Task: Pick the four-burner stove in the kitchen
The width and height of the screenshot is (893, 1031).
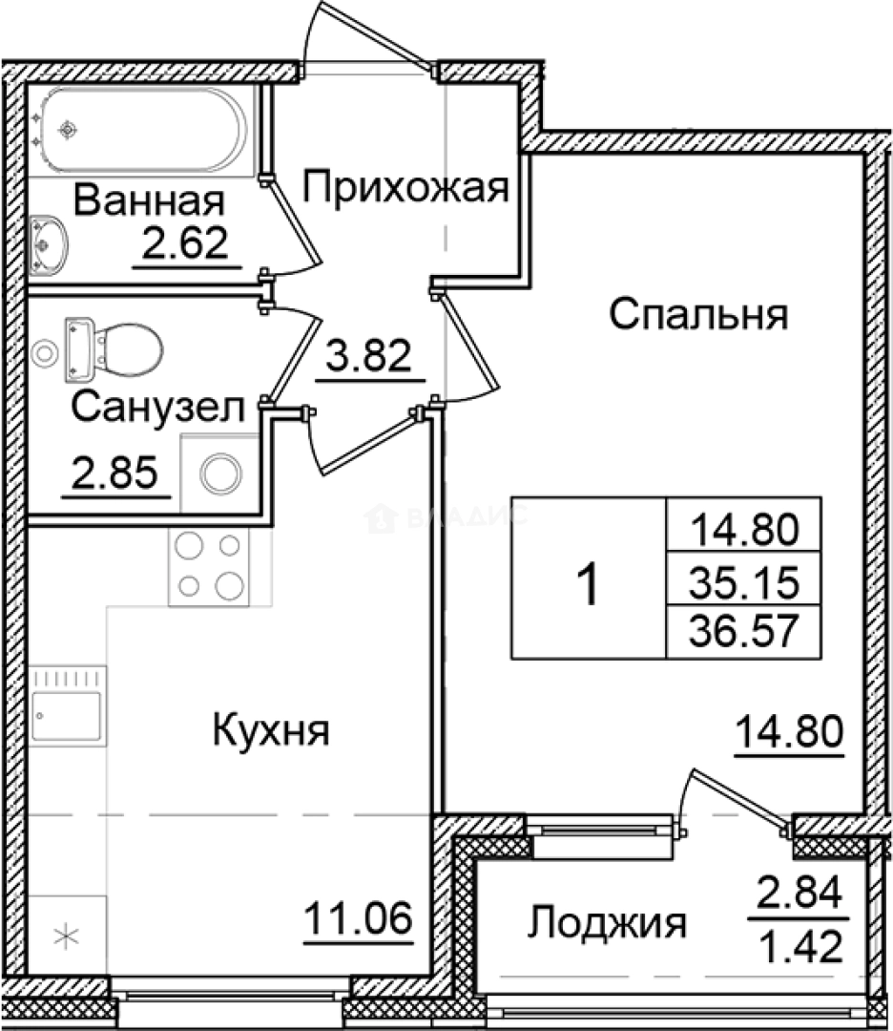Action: pyautogui.click(x=209, y=565)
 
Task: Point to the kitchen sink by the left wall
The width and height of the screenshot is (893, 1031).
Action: pyautogui.click(x=66, y=707)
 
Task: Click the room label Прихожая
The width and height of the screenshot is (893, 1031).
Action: pyautogui.click(x=404, y=188)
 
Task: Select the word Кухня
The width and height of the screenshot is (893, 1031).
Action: pyautogui.click(x=271, y=732)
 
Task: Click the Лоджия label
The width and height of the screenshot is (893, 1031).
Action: pyautogui.click(x=608, y=923)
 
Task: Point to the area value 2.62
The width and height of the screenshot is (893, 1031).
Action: pyautogui.click(x=184, y=244)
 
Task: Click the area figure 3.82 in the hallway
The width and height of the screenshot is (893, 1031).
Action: pyautogui.click(x=368, y=358)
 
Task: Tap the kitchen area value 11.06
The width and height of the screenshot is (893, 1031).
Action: pyautogui.click(x=358, y=920)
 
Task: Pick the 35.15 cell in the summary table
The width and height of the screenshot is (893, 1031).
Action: pyautogui.click(x=743, y=579)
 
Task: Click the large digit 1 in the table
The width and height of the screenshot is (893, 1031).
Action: pyautogui.click(x=590, y=582)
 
